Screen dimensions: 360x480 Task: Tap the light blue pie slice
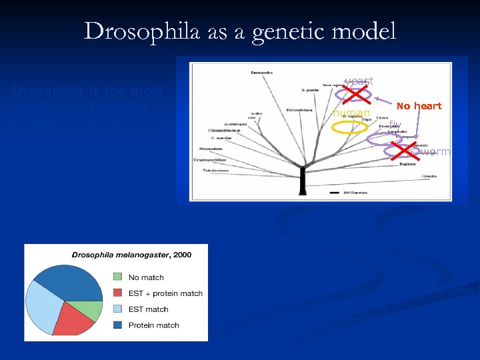(44, 310)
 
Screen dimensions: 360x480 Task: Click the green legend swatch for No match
(117, 277)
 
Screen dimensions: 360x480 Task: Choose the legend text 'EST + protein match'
(165, 293)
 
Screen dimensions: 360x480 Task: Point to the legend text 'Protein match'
(153, 325)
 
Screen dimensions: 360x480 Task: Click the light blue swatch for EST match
(117, 309)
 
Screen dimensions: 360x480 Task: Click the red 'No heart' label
(419, 106)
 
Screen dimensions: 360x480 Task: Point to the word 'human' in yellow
(351, 113)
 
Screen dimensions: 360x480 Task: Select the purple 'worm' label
(437, 152)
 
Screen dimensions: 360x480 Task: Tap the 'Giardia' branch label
(430, 176)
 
